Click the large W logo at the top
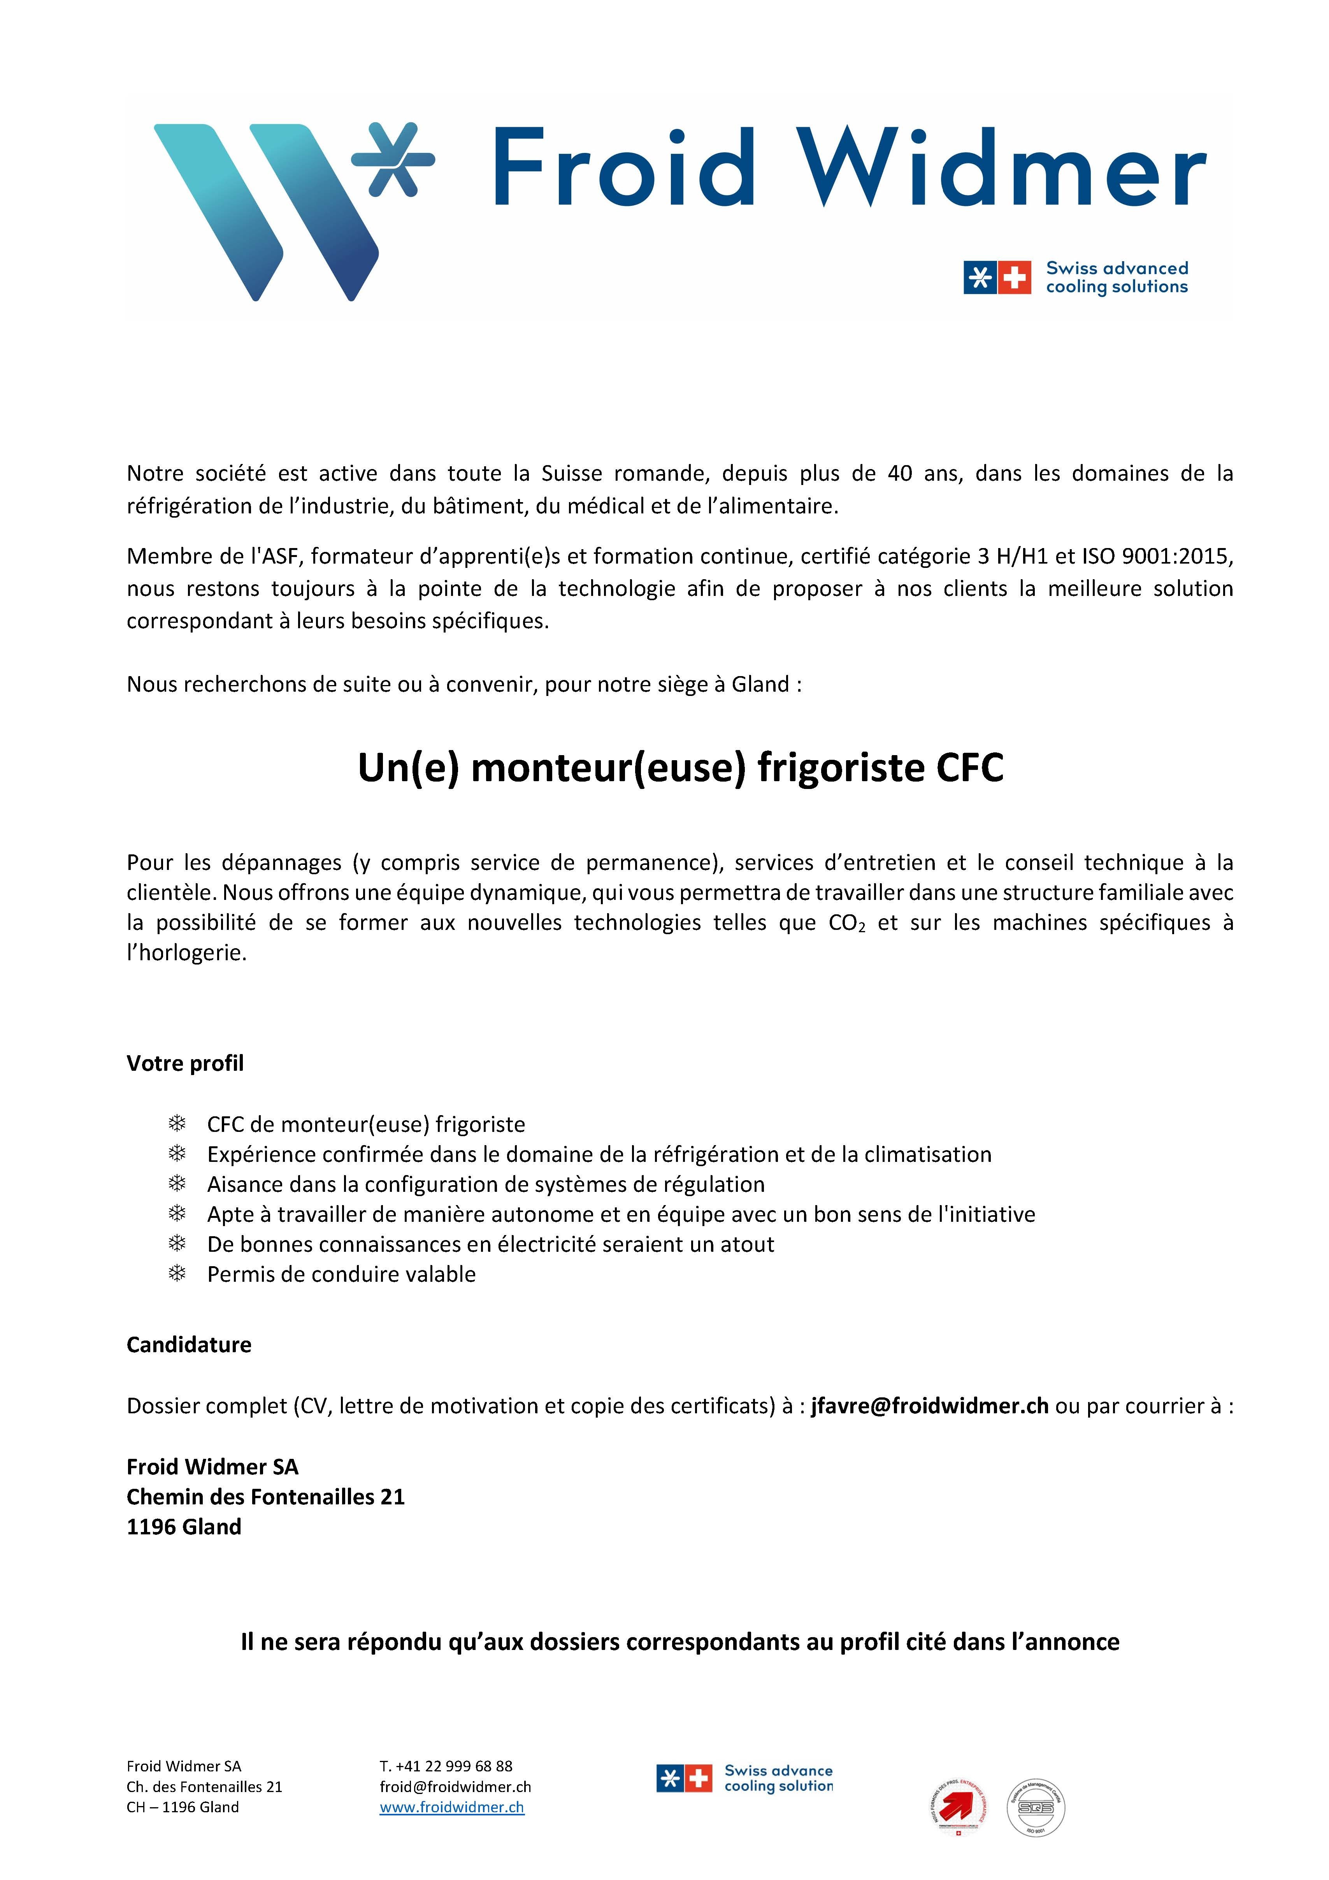tap(266, 211)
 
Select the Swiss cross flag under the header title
tap(1015, 278)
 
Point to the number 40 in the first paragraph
tap(900, 473)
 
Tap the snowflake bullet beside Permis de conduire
tap(177, 1274)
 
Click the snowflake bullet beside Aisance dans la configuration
tap(177, 1184)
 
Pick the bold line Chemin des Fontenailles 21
tap(265, 1497)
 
